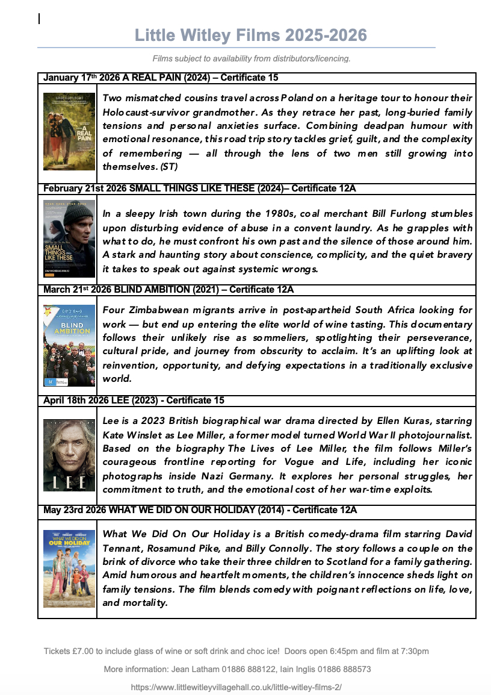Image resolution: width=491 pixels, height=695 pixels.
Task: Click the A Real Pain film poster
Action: tap(69, 131)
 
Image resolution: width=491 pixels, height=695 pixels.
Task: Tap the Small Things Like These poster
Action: tap(69, 238)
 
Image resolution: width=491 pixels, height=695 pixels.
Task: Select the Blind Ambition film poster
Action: tap(69, 345)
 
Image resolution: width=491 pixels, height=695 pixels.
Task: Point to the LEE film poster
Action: tap(69, 455)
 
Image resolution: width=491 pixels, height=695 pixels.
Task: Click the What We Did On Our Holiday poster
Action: tap(69, 569)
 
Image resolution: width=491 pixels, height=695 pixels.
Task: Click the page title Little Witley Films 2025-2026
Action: tap(251, 36)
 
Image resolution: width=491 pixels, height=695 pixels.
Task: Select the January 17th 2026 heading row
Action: tap(161, 78)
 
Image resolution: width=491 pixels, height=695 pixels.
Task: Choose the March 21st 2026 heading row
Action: tap(168, 290)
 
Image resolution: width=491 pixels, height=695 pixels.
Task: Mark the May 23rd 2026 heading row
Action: tap(200, 510)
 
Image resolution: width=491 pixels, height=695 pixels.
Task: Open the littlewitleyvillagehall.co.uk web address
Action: tap(236, 687)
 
